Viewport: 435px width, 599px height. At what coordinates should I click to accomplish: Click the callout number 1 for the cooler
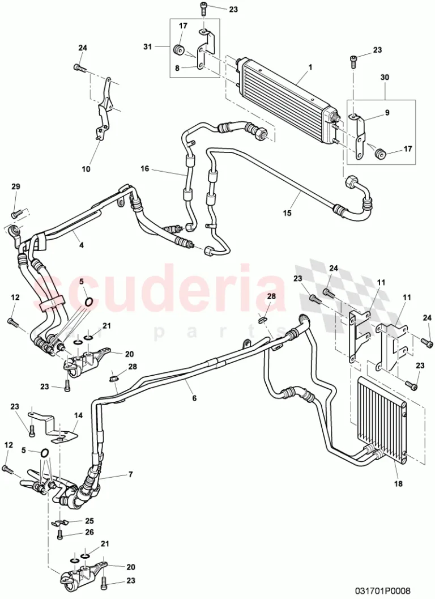tap(310, 67)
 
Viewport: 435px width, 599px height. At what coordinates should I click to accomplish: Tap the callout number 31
tap(148, 46)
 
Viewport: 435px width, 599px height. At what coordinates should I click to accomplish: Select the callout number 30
tap(384, 77)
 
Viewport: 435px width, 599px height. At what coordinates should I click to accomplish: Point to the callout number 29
tap(16, 186)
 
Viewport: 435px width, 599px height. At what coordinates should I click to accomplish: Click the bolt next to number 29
tap(16, 214)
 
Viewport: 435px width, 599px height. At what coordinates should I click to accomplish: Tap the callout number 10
tap(86, 168)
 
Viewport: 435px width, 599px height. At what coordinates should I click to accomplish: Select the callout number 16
tap(145, 168)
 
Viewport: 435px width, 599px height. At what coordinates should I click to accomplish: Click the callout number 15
tap(287, 213)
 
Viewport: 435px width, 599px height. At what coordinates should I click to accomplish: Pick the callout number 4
tap(81, 245)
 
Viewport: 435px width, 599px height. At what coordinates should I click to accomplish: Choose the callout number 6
tap(194, 398)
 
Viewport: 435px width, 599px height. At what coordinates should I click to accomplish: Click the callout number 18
tap(398, 483)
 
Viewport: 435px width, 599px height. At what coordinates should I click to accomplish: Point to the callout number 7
tap(131, 474)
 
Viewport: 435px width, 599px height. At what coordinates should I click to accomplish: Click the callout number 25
tap(89, 521)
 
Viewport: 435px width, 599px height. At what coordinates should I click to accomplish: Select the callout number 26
tap(89, 532)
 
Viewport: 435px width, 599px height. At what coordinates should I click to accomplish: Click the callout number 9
tap(387, 113)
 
